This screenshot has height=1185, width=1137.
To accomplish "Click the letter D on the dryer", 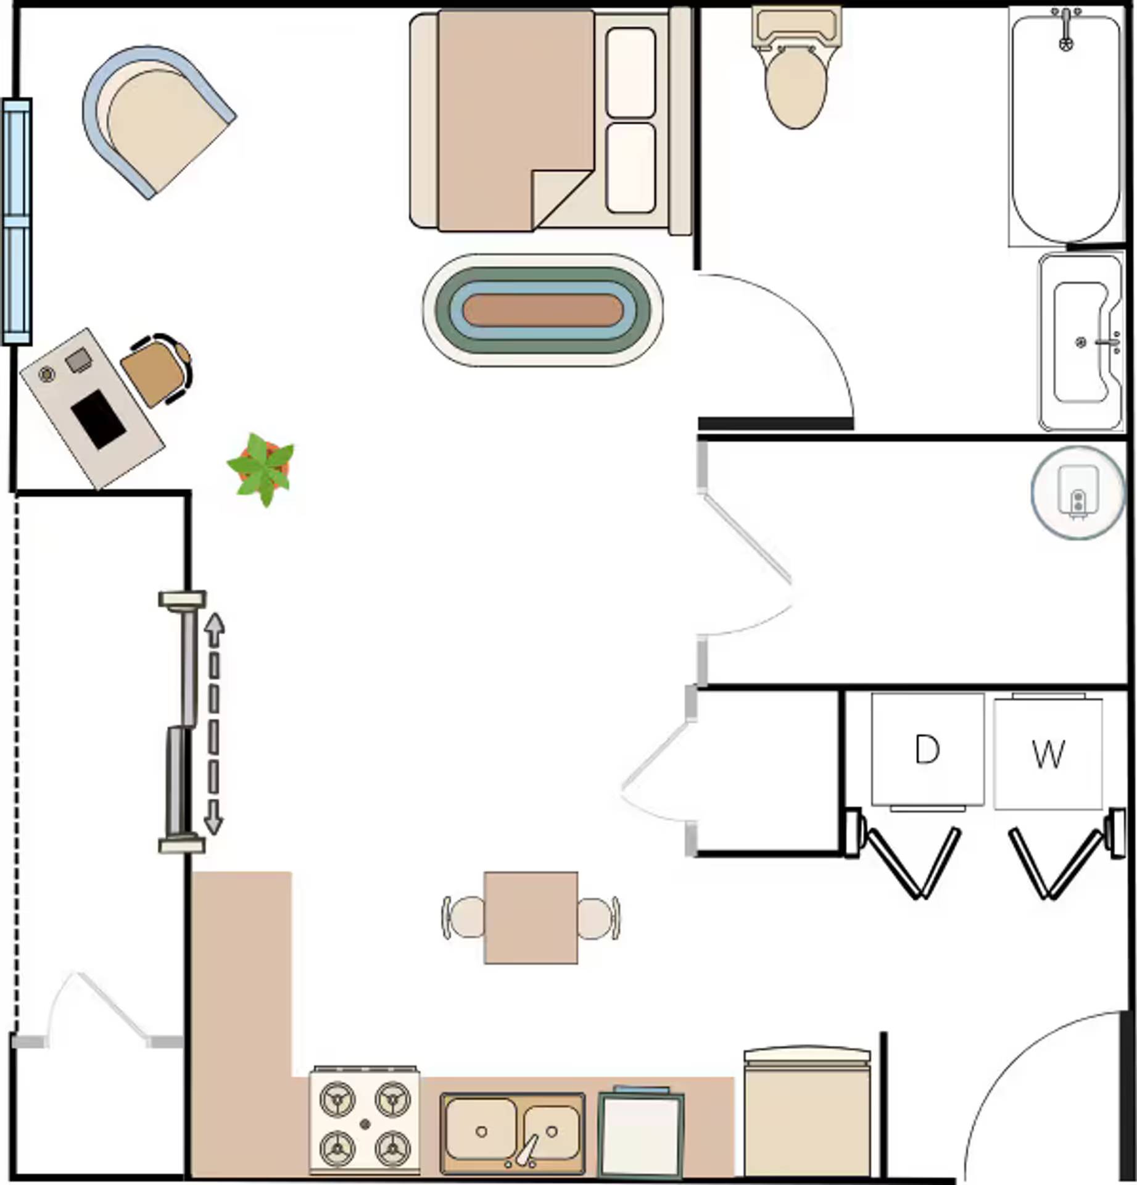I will point(927,750).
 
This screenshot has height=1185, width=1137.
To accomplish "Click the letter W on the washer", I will point(1048,754).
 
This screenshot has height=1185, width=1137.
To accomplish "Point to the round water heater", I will point(1077,492).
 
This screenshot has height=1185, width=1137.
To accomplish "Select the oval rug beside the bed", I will point(543,310).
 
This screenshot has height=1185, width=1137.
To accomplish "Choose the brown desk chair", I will point(154,370).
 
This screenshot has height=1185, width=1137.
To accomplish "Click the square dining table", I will point(531,918).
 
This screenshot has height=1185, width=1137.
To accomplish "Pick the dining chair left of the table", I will point(464,918).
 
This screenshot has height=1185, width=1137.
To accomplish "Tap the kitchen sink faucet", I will point(527,1149).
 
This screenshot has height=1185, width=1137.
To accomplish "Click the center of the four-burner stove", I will point(365,1123).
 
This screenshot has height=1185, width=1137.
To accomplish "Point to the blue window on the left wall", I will point(17,221).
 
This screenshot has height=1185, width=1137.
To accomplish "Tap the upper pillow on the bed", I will point(631,73).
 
